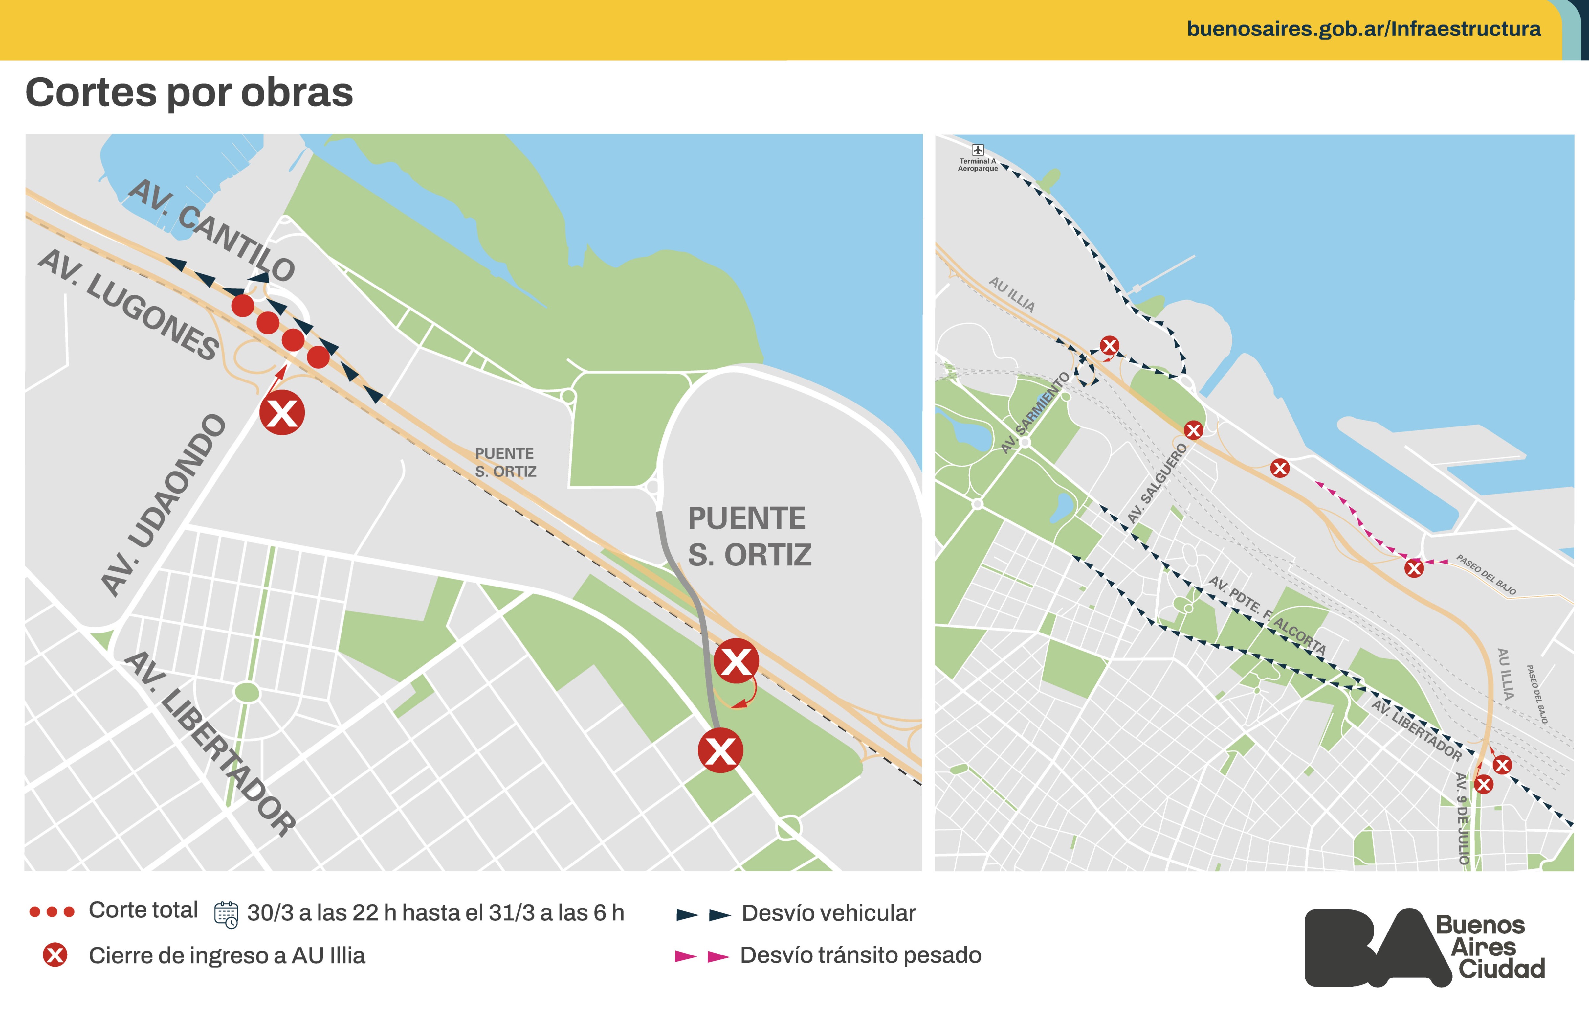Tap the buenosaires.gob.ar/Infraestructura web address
pyautogui.click(x=1363, y=29)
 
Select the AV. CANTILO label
pyautogui.click(x=211, y=230)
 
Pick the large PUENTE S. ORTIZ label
pyautogui.click(x=749, y=536)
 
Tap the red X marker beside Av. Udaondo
pyautogui.click(x=282, y=413)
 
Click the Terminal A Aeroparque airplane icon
pyautogui.click(x=977, y=150)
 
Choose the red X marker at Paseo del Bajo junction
pyautogui.click(x=1413, y=568)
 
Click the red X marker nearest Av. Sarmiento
pyautogui.click(x=1109, y=345)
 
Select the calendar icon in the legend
pyautogui.click(x=226, y=915)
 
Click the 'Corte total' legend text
pyautogui.click(x=143, y=910)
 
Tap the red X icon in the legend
pyautogui.click(x=55, y=955)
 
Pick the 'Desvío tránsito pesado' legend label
pyautogui.click(x=860, y=955)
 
